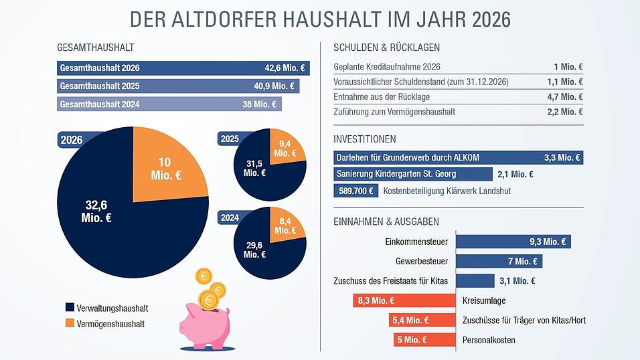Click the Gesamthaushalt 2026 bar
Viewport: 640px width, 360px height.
click(x=183, y=68)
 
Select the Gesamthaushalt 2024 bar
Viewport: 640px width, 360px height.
click(x=169, y=104)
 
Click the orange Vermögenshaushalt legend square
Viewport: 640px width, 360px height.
click(x=70, y=324)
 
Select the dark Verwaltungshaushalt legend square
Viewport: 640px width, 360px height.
click(x=70, y=308)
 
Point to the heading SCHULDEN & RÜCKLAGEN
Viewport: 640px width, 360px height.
click(x=386, y=48)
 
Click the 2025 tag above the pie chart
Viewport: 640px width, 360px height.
click(x=230, y=139)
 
